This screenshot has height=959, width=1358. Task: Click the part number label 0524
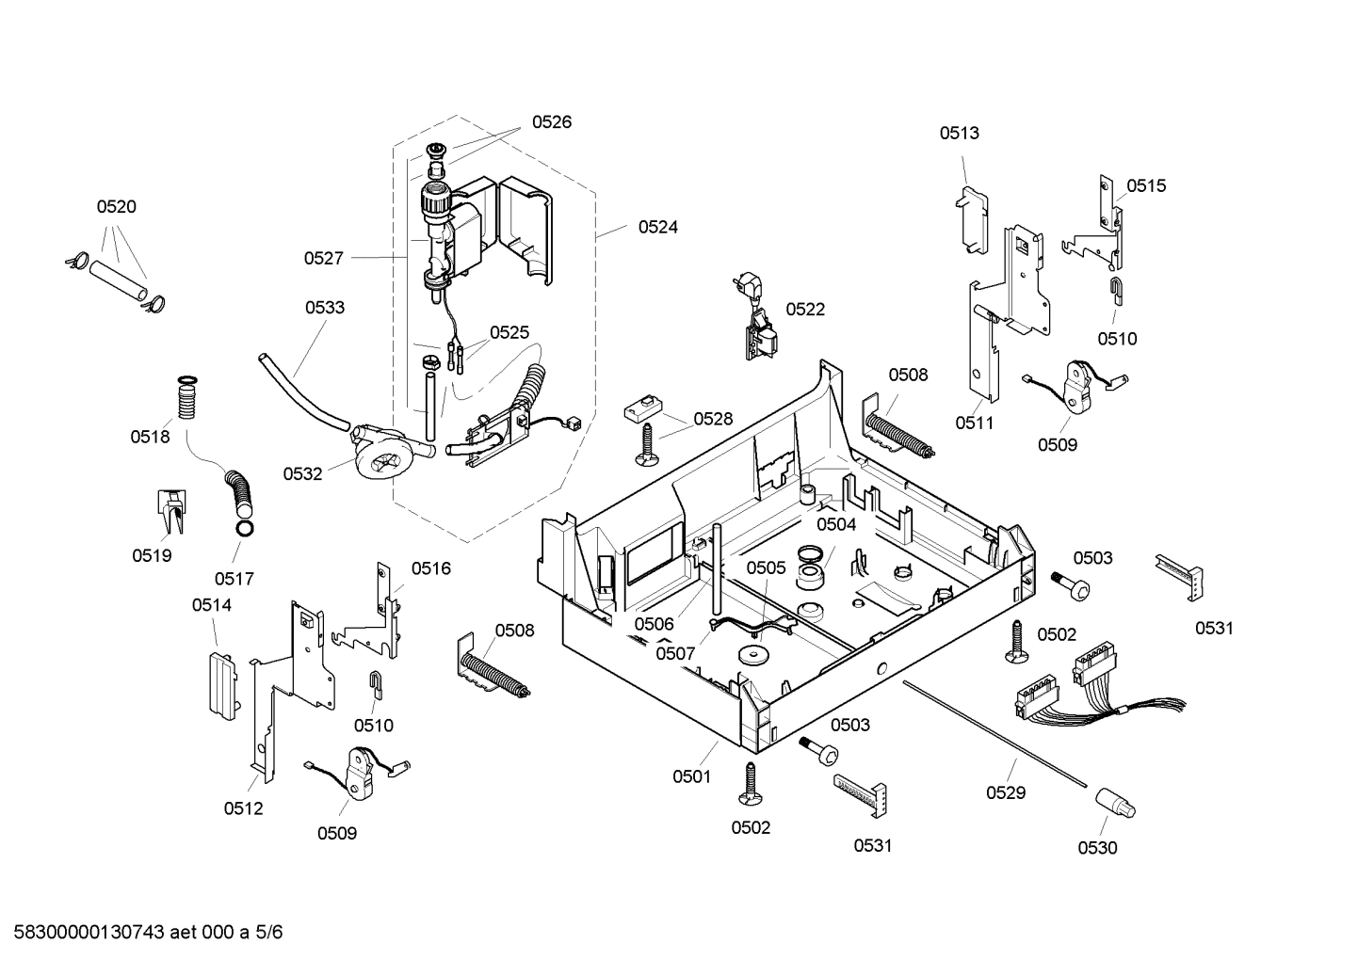tap(657, 227)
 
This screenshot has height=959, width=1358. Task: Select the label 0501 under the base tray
tap(691, 776)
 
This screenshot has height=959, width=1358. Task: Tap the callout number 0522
tap(805, 310)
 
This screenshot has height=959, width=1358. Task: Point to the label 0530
tap(1097, 848)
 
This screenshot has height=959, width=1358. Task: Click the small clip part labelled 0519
tap(170, 512)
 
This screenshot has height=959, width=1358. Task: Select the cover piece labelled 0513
tap(973, 216)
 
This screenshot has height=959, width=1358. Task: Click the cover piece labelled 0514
tap(223, 682)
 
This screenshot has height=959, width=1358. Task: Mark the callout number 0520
tap(116, 207)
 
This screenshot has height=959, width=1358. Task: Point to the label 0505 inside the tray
tap(766, 567)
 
